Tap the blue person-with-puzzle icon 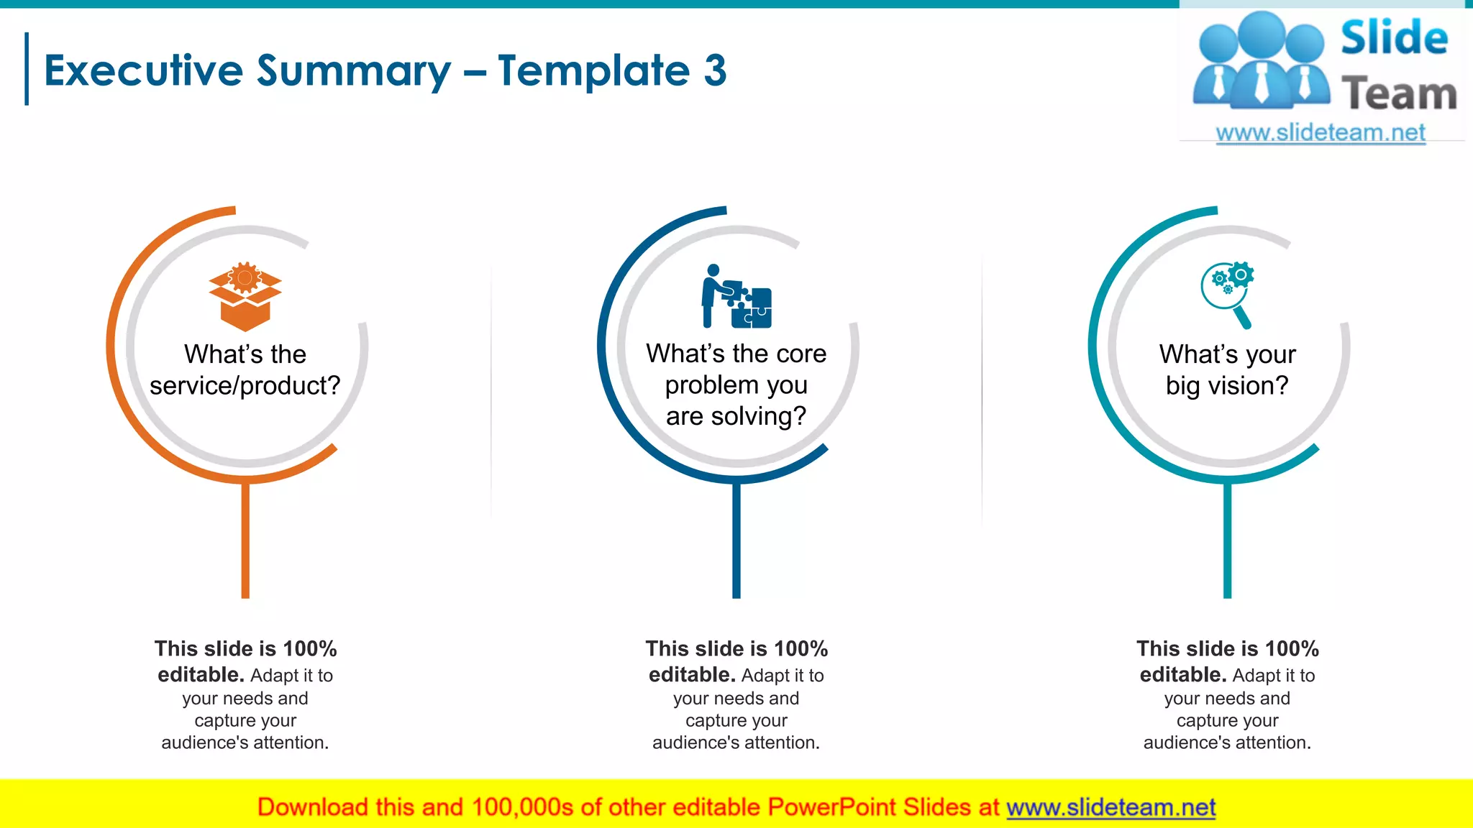click(736, 296)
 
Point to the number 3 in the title click(715, 70)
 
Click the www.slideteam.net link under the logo click(1321, 133)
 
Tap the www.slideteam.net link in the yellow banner click(1111, 807)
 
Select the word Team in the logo click(1399, 94)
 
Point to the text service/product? click(245, 386)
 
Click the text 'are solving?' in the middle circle click(736, 416)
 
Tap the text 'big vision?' click(1227, 386)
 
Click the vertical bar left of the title click(27, 69)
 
